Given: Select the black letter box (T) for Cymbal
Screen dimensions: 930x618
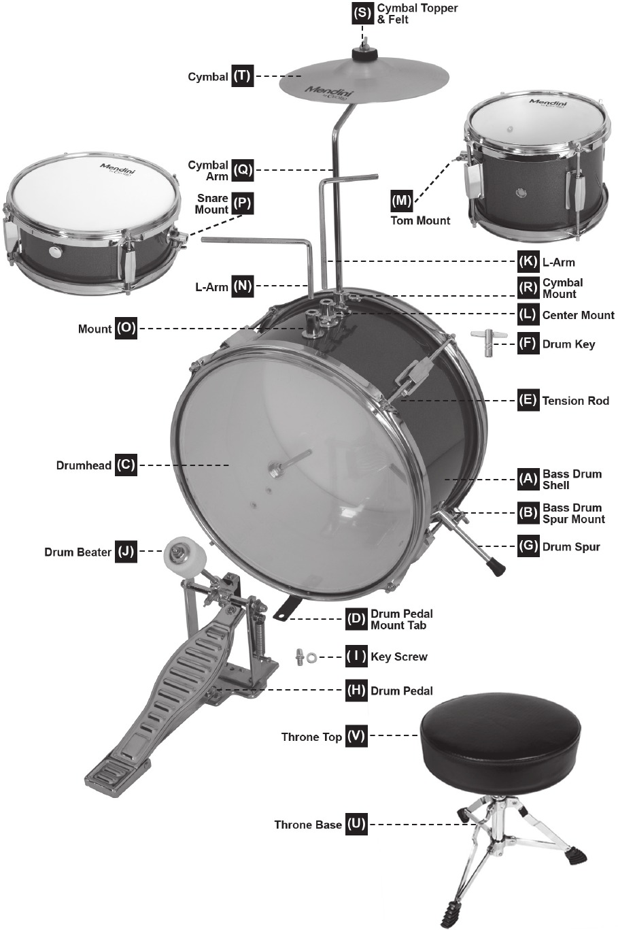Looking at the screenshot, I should click(242, 76).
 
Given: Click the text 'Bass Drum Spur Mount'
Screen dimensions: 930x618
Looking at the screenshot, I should click(573, 514).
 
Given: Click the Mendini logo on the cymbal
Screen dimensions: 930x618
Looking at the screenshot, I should click(326, 93).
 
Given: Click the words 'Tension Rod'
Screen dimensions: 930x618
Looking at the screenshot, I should click(575, 401).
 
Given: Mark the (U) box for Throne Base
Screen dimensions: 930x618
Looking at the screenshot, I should click(356, 825).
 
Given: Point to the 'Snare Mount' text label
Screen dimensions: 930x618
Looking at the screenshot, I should click(211, 204).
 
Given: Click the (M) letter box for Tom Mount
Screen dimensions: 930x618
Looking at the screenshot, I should click(402, 200).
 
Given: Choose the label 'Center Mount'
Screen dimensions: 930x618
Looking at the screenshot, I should click(578, 315).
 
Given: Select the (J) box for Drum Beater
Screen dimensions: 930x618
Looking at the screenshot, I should click(126, 552).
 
